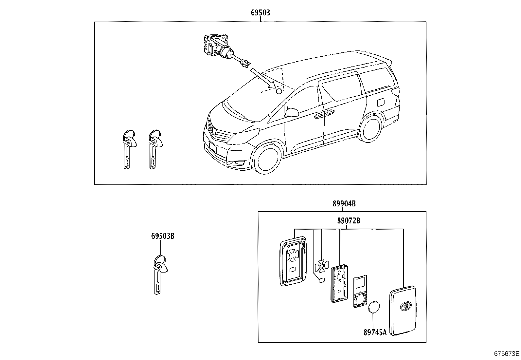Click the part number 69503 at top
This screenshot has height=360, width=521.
[x=260, y=13]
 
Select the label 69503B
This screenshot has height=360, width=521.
[x=163, y=236]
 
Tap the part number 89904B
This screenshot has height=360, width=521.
[x=344, y=204]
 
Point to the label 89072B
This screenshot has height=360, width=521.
[x=349, y=221]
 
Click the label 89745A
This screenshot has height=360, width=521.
[x=375, y=332]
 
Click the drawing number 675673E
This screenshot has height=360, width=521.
[x=507, y=354]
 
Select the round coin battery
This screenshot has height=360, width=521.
[x=374, y=308]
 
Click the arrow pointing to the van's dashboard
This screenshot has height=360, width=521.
[x=262, y=78]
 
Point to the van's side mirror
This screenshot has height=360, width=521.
[x=292, y=113]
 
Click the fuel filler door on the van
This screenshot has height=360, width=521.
[x=381, y=103]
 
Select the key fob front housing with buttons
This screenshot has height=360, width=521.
[x=293, y=261]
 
